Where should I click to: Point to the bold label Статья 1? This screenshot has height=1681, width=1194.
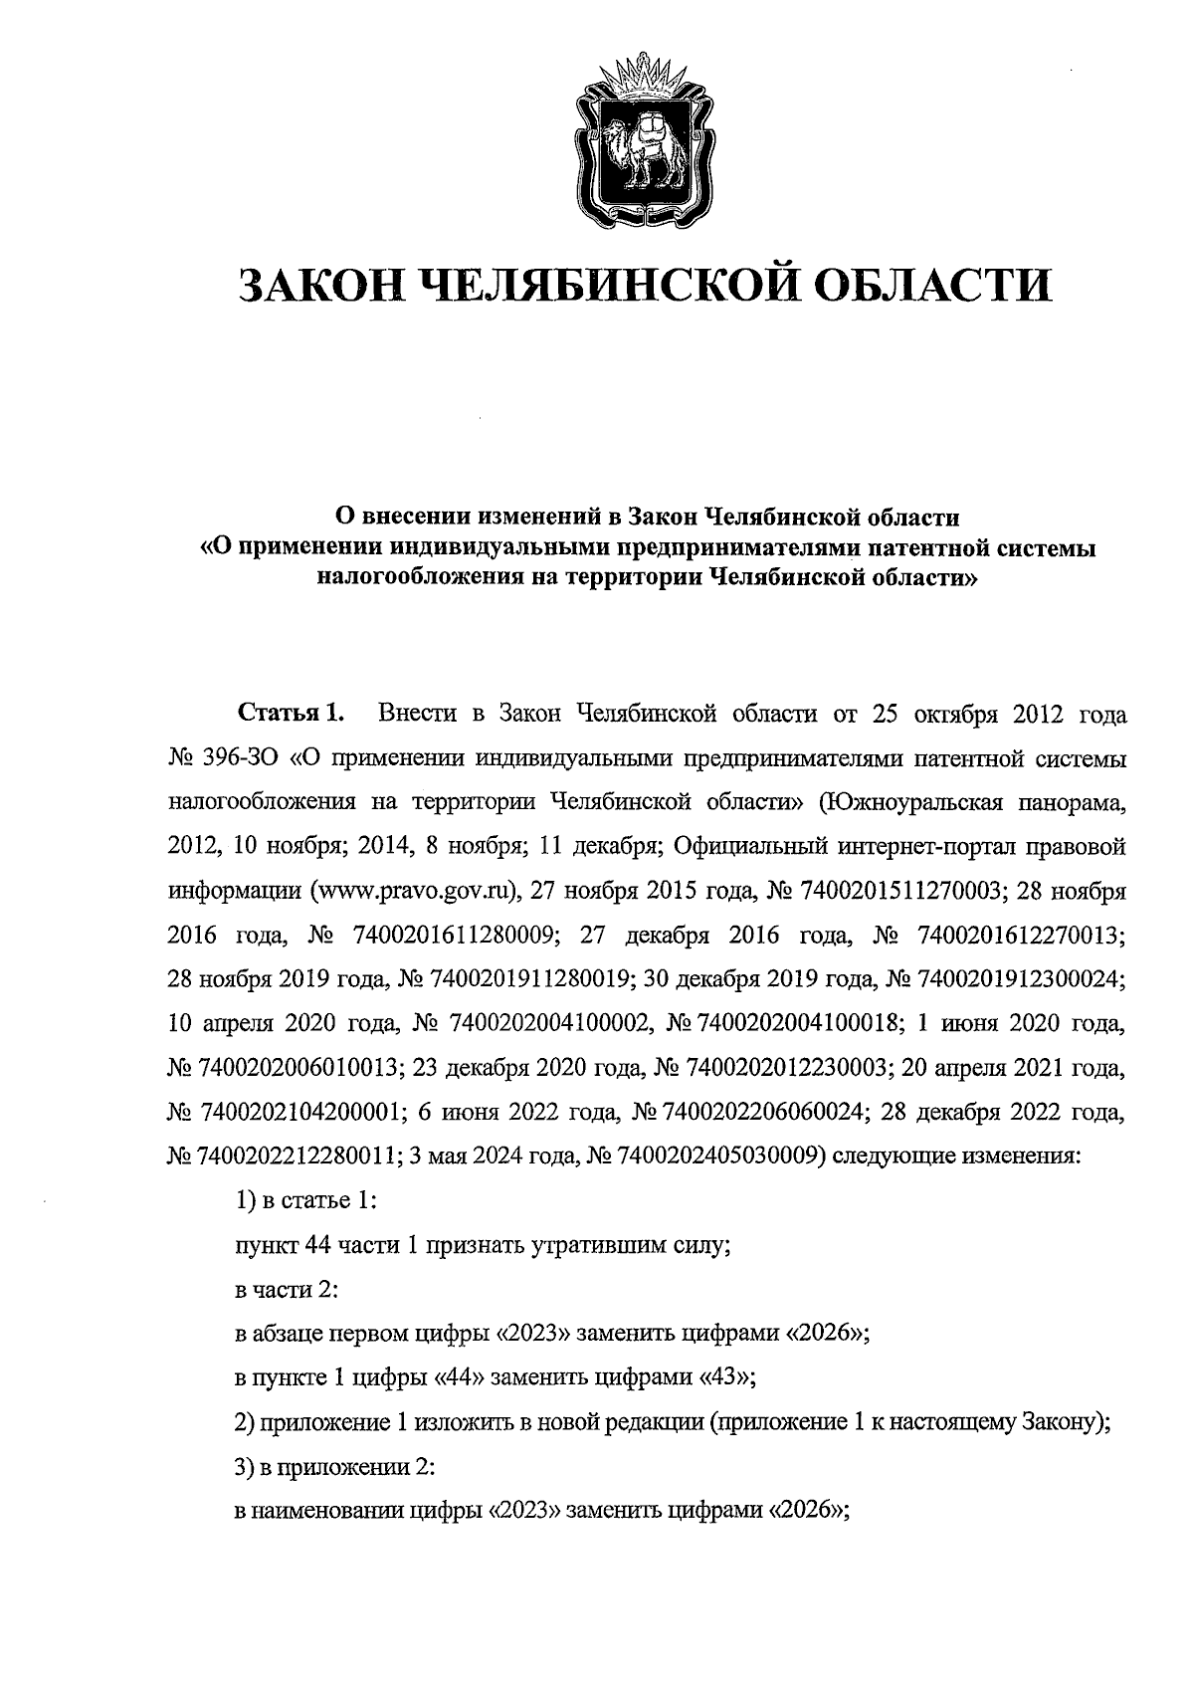(x=291, y=714)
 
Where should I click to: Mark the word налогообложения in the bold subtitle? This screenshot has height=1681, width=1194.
(x=413, y=577)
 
